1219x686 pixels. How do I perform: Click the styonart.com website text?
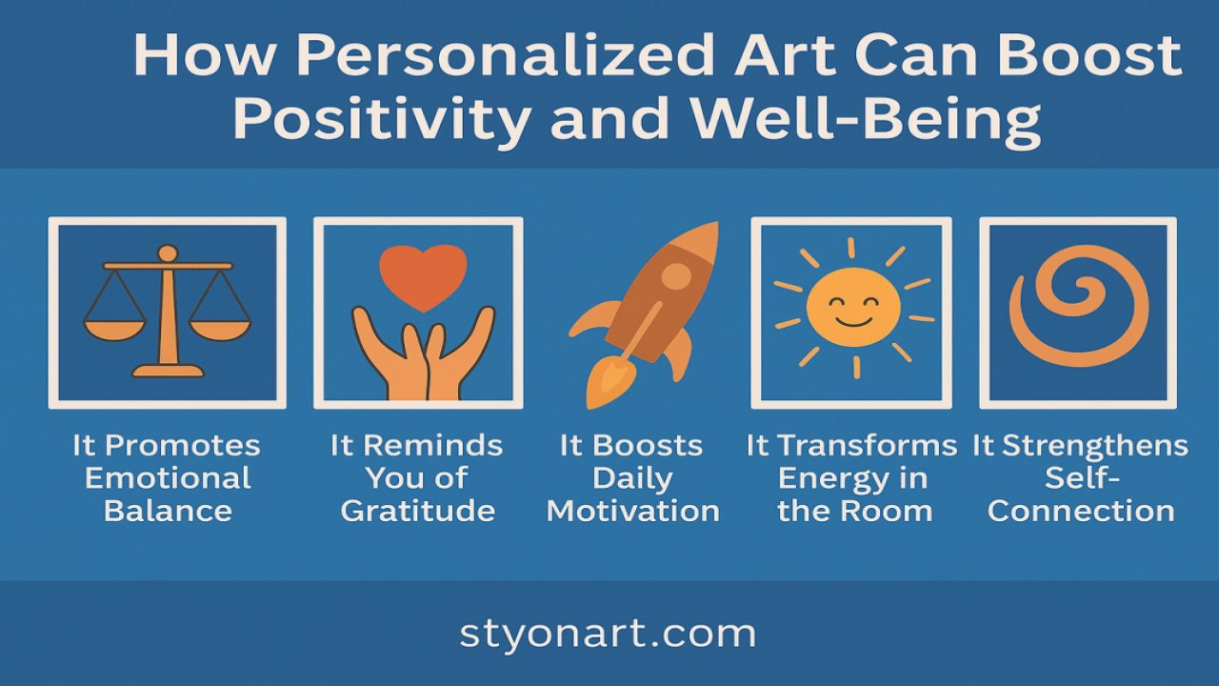click(608, 635)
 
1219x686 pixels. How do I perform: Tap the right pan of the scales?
click(220, 329)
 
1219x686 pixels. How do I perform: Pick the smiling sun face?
click(852, 307)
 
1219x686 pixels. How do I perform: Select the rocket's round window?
click(675, 276)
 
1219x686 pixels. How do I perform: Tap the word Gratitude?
click(418, 511)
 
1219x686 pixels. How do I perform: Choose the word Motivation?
click(633, 511)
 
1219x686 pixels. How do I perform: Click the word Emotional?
click(168, 478)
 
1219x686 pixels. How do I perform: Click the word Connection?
click(1081, 511)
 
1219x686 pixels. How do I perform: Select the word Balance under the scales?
click(168, 511)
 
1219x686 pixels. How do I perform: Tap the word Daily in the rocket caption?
click(632, 478)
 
